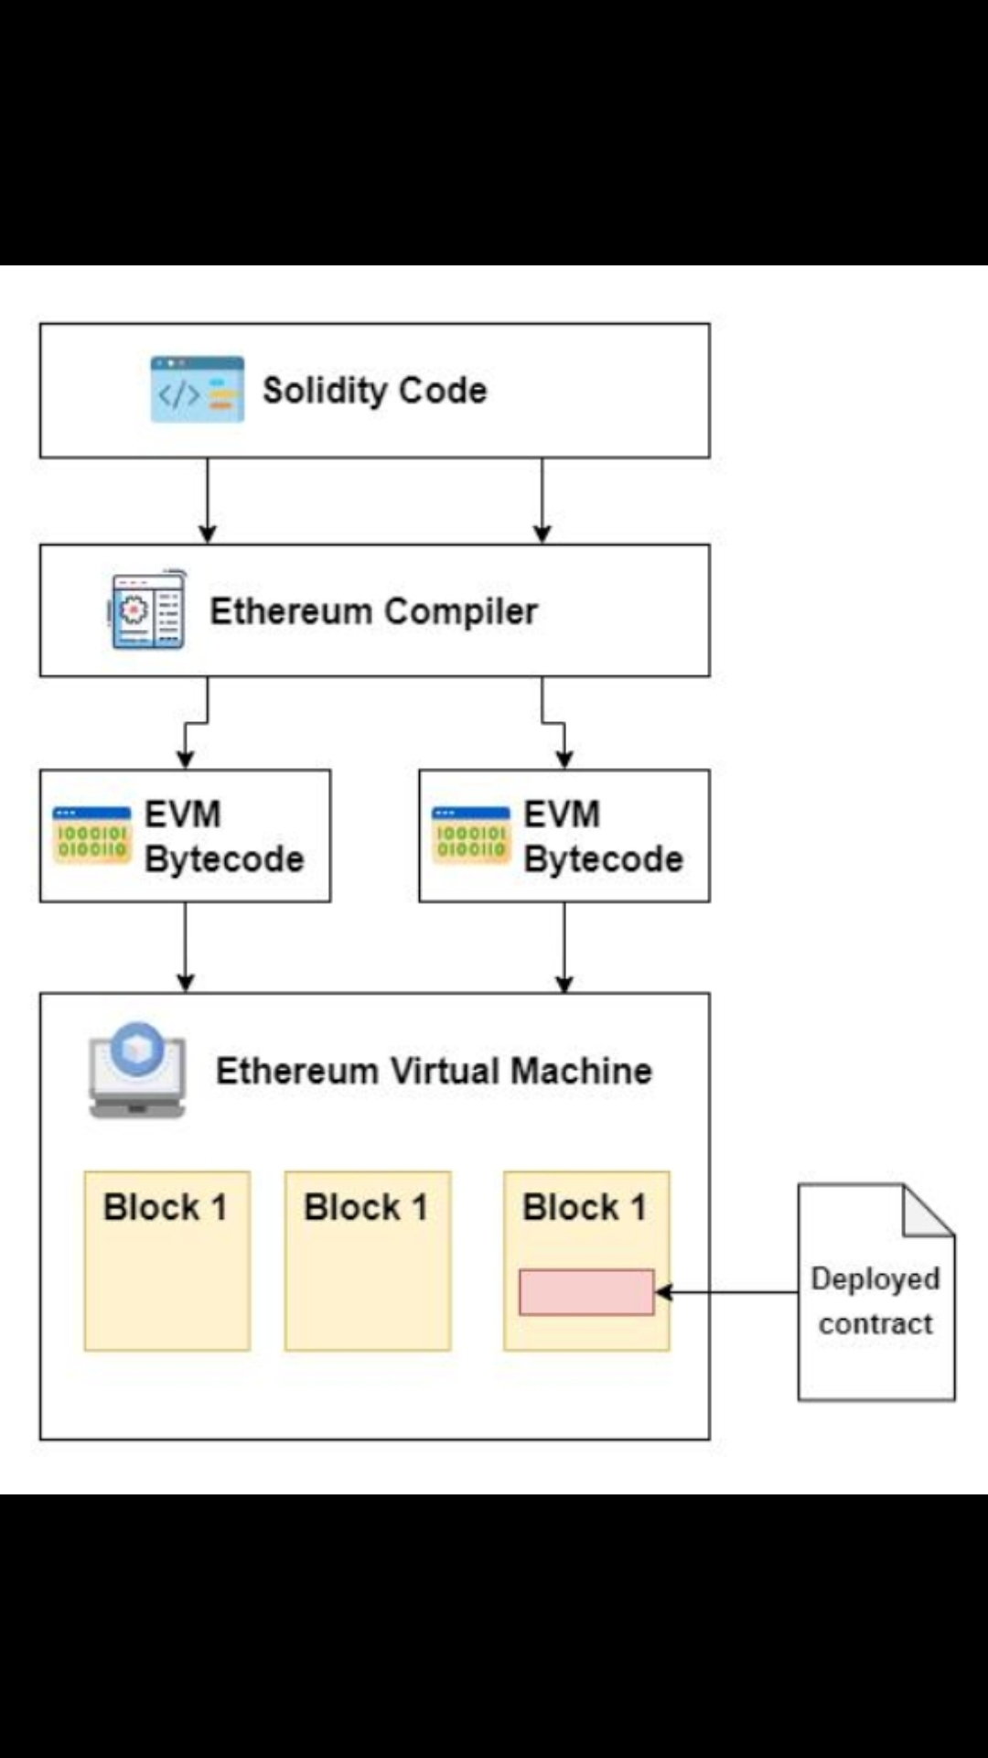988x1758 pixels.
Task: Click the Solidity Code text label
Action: [x=374, y=391]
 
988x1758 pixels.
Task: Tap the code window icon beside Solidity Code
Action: [x=198, y=390]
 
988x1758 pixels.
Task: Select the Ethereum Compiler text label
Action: [x=373, y=611]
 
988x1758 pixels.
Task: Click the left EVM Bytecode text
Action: [x=223, y=836]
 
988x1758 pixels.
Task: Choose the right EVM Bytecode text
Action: [x=603, y=836]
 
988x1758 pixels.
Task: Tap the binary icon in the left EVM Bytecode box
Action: [x=91, y=835]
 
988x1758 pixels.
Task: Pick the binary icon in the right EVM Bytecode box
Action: [x=470, y=835]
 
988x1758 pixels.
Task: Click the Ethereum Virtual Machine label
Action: [x=434, y=1071]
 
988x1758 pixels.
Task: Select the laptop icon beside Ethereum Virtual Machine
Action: [x=137, y=1070]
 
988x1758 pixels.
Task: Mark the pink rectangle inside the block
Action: [x=586, y=1292]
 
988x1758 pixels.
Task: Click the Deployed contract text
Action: [x=875, y=1301]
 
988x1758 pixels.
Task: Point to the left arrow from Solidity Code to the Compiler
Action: [x=208, y=501]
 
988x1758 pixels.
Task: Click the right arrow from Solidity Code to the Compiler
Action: [x=542, y=501]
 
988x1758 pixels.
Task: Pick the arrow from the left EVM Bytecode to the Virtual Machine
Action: [x=186, y=947]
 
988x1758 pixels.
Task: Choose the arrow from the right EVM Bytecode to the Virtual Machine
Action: [x=564, y=947]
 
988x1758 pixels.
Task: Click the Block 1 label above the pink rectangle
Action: [x=584, y=1207]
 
